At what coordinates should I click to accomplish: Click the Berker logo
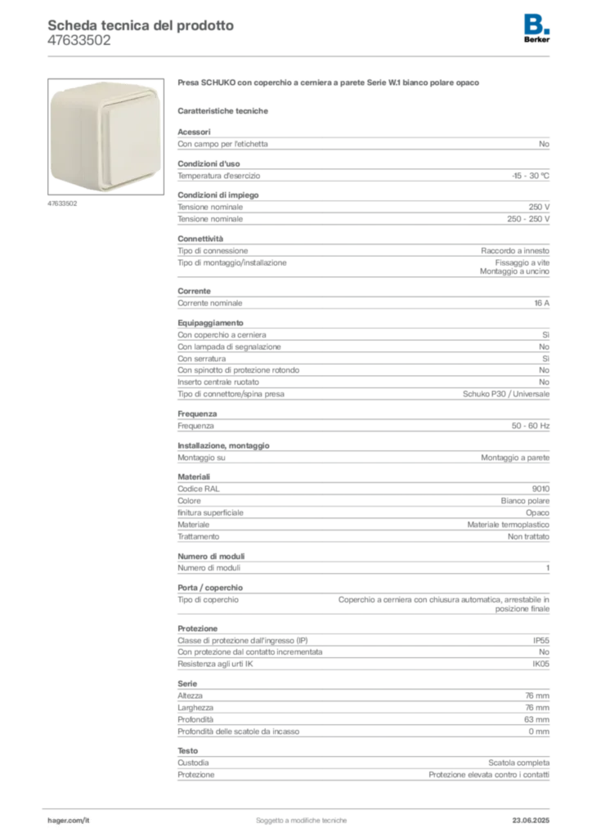tap(536, 29)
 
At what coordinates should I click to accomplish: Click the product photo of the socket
tap(105, 137)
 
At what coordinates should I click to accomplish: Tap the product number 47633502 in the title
tap(79, 41)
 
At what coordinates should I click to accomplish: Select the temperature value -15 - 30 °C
tap(531, 176)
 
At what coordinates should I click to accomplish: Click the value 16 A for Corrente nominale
tap(542, 302)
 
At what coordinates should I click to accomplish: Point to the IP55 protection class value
tap(540, 640)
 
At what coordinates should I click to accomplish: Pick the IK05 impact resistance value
tap(540, 664)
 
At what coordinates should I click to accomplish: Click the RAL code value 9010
tap(540, 489)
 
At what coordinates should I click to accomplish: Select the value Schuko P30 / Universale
tap(506, 394)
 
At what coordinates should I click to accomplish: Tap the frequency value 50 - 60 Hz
tap(531, 425)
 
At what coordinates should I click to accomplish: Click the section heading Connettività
tap(200, 239)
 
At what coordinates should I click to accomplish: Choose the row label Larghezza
tap(195, 707)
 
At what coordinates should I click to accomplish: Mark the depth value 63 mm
tap(536, 719)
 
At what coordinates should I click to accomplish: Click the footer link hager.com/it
tap(69, 820)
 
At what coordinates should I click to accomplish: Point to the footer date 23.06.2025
tap(531, 820)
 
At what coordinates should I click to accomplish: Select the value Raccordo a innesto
tap(515, 250)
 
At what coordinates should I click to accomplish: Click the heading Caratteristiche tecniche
tap(222, 111)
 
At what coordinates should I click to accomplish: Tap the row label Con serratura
tap(202, 359)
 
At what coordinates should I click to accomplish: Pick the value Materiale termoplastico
tap(509, 525)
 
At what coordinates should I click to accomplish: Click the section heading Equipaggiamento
tap(210, 323)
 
